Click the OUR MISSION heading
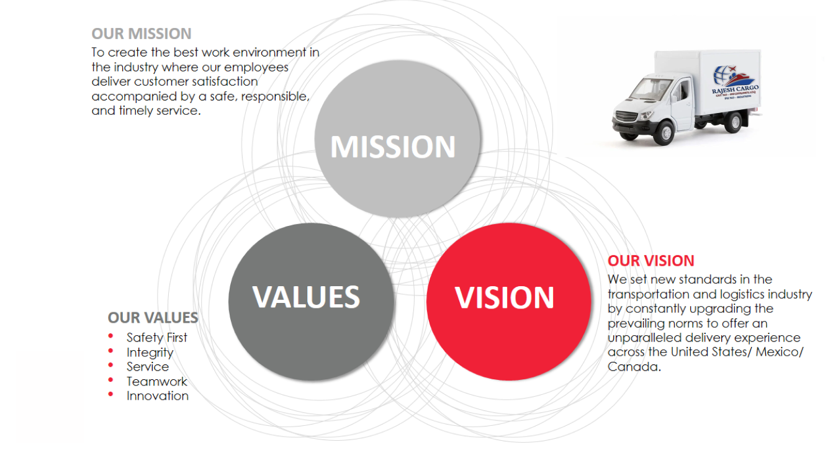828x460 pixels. pos(142,34)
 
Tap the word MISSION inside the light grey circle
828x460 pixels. pos(393,147)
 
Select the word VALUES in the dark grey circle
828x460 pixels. pos(306,297)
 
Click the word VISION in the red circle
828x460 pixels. pos(505,297)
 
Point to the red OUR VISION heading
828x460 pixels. pos(650,261)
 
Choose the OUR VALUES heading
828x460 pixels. pos(153,318)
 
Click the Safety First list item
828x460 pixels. pos(156,338)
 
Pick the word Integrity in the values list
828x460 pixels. pos(150,353)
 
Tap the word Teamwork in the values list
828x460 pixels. pos(156,382)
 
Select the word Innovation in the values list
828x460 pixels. pos(157,396)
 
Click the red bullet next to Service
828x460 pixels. pos(111,366)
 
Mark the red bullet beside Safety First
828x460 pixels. pos(111,336)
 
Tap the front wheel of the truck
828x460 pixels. pos(665,132)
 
